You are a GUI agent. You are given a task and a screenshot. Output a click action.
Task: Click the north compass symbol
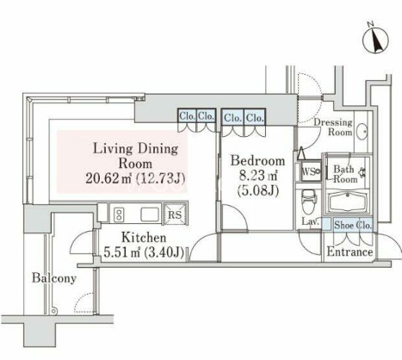[x=375, y=40]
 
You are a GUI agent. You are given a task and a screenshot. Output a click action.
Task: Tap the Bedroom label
[x=258, y=161]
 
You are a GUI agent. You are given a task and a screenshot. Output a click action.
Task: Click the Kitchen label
[x=144, y=238]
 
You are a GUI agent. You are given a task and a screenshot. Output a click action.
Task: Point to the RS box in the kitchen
[x=175, y=213]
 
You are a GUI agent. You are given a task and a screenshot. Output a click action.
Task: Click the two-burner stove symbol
[x=119, y=214]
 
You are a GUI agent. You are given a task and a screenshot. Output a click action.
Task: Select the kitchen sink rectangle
[x=150, y=214]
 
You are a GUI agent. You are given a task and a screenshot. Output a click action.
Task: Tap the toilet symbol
[x=308, y=202]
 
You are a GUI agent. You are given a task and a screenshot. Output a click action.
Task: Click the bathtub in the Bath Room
[x=348, y=202]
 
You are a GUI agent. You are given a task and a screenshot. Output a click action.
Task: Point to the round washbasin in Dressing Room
[x=362, y=132]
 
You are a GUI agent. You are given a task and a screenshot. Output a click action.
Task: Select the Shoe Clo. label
[x=353, y=226]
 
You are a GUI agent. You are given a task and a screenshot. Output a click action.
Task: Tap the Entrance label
[x=349, y=252]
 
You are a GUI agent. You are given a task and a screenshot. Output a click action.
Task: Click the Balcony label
[x=54, y=278]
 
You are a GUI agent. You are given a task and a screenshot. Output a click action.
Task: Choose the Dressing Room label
[x=333, y=127]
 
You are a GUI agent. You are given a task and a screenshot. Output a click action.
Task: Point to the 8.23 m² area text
[x=257, y=176]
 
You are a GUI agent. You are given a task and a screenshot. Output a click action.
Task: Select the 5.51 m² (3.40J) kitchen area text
[x=144, y=252]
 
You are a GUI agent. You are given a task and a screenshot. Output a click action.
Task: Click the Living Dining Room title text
[x=136, y=156]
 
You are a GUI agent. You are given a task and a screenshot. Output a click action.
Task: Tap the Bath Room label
[x=345, y=174]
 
